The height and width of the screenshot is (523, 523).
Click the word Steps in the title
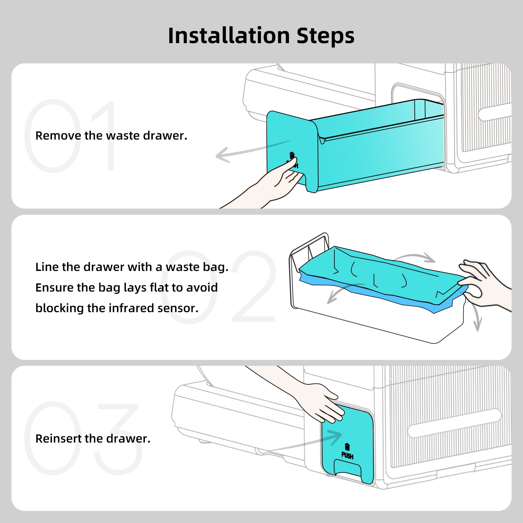pos(326,36)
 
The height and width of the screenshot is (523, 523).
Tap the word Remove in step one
pos(58,136)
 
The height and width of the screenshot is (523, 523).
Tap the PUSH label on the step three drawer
pos(347,456)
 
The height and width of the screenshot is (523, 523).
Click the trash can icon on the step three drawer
pos(347,447)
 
